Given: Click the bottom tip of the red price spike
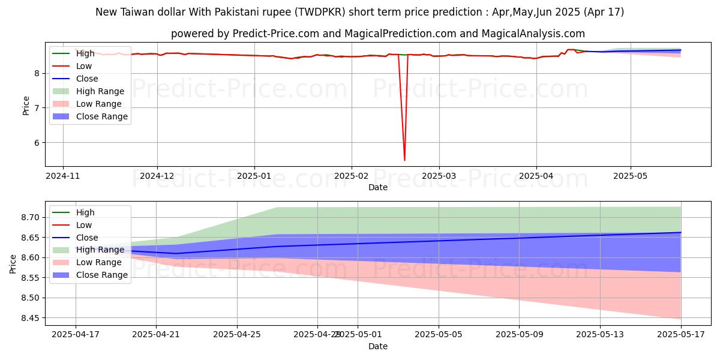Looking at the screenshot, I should tap(404, 160).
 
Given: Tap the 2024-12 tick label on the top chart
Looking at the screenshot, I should tap(157, 176).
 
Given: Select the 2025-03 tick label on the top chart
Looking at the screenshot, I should tap(439, 176).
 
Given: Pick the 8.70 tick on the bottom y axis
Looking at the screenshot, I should tap(30, 217).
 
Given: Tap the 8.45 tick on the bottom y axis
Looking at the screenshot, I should tap(30, 318).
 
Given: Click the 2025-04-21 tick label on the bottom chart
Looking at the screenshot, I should tap(156, 335).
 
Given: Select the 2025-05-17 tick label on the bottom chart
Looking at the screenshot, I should tap(681, 335).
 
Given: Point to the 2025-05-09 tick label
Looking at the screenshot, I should tap(519, 335).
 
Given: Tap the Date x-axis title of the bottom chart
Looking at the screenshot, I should tap(378, 346).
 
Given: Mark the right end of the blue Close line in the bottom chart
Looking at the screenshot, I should tap(681, 233).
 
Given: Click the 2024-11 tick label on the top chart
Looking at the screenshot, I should tap(63, 176).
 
